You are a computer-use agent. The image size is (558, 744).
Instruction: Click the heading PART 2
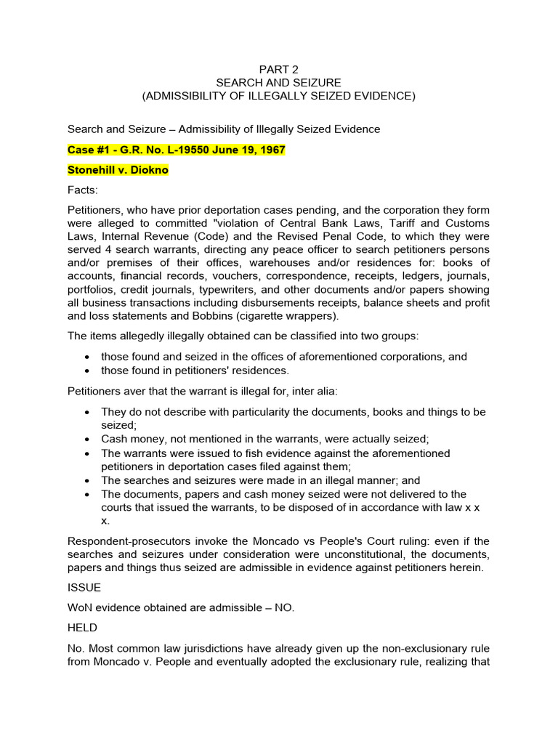pos(278,70)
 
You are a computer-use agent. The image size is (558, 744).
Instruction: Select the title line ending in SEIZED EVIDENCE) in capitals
pos(278,96)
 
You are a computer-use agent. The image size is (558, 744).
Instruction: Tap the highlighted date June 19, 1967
pos(248,150)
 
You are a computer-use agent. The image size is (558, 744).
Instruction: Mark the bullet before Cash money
pos(87,440)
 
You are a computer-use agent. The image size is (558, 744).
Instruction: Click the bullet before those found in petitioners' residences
pos(87,371)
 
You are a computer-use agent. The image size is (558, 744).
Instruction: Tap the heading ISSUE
pos(84,587)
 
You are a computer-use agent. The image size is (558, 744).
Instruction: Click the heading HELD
pos(83,627)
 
